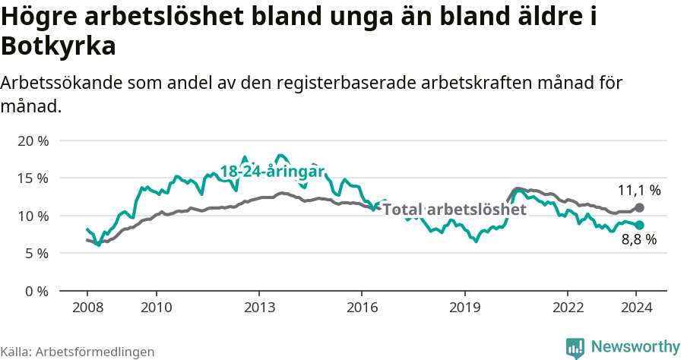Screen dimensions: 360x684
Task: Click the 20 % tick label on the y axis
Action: tap(33, 141)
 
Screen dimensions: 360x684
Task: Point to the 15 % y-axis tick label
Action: tap(33, 178)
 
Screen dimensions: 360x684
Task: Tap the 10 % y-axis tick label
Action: tap(33, 216)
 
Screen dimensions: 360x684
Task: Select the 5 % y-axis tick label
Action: tap(36, 253)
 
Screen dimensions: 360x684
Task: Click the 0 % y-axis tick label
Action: tap(36, 290)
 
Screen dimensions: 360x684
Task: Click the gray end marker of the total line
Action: tap(639, 207)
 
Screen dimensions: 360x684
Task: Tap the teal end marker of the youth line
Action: tap(639, 225)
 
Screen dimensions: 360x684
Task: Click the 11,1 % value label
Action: tap(639, 190)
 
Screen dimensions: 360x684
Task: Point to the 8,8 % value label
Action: tap(639, 240)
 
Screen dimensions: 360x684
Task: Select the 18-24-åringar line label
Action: tap(272, 171)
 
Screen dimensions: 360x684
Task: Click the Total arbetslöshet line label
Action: tap(454, 209)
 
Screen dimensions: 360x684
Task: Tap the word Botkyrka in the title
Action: tap(59, 46)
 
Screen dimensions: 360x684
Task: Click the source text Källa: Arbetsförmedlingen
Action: tap(78, 352)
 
